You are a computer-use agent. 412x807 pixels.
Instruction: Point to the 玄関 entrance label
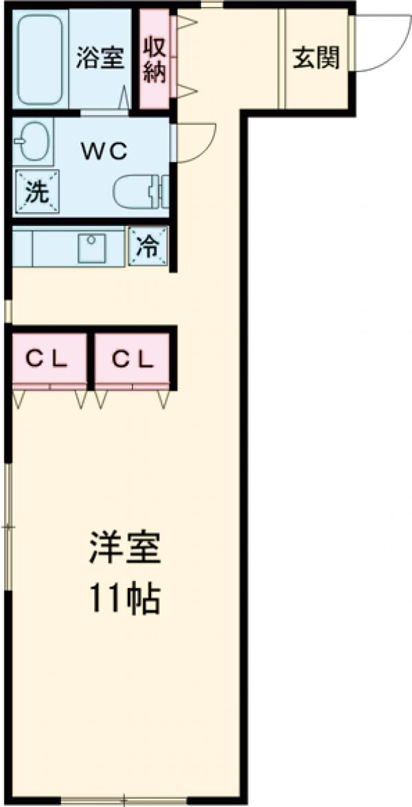317,59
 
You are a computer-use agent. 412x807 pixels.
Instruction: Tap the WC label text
105,152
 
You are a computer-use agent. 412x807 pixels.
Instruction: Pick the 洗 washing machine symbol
36,190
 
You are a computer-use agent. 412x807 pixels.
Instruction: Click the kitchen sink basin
91,248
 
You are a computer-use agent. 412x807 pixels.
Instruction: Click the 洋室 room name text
124,549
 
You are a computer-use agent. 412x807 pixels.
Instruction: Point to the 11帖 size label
124,598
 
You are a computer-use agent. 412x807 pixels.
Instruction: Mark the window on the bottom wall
124,801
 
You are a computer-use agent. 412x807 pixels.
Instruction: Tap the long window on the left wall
8,525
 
